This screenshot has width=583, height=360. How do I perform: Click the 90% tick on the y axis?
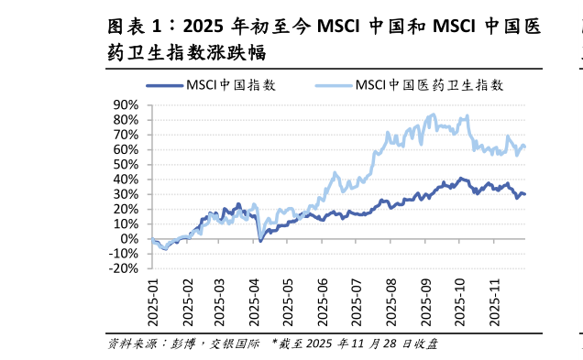click(x=125, y=104)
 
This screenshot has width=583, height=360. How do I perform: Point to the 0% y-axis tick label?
click(x=129, y=239)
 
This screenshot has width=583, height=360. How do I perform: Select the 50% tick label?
click(x=125, y=164)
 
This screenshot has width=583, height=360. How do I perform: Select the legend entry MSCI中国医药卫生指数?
click(x=429, y=85)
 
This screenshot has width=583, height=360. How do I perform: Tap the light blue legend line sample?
click(x=334, y=85)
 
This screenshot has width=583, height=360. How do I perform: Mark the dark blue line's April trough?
click(x=260, y=240)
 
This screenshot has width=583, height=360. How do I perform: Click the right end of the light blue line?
click(x=525, y=146)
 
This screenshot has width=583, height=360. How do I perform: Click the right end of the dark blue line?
click(x=525, y=193)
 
